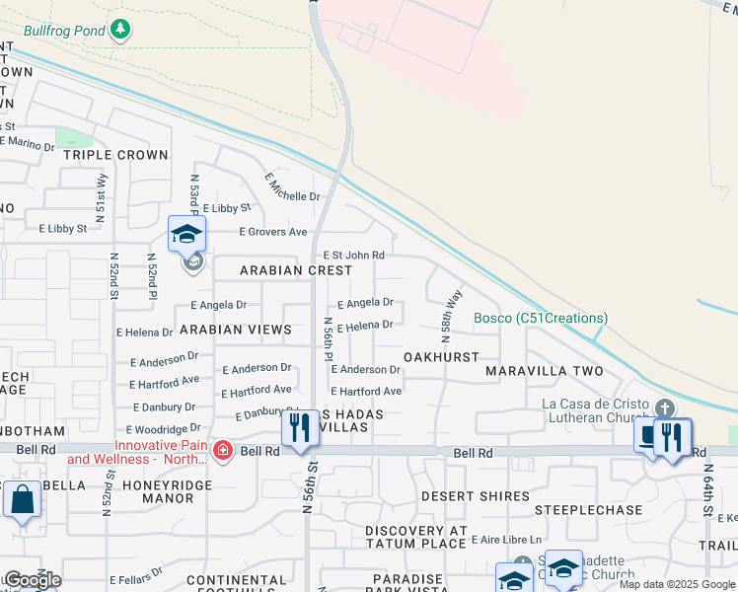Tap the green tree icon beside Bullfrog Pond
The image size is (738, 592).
tap(120, 29)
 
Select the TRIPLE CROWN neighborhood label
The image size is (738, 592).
tap(115, 155)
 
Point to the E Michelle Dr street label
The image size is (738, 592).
tap(293, 186)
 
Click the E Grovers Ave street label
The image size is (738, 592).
tap(273, 232)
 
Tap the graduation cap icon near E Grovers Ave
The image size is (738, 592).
tap(185, 234)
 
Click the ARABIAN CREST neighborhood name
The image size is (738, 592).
tap(296, 270)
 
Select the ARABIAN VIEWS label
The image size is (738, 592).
tap(235, 330)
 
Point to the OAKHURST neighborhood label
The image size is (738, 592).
tap(441, 356)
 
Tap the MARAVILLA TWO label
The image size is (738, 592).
tap(545, 371)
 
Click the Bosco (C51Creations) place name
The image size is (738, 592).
tap(541, 318)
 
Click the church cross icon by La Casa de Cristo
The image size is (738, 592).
tap(665, 407)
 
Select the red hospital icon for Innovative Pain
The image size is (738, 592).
tap(224, 451)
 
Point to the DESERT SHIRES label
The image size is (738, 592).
tap(463, 495)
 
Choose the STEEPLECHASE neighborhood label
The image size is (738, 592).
tap(587, 510)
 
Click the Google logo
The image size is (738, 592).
tap(33, 580)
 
